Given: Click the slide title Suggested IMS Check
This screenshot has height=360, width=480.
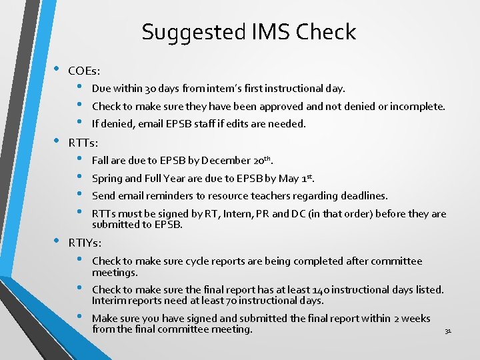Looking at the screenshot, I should coord(249,32).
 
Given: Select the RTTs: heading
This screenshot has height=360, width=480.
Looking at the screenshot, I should coord(83,142).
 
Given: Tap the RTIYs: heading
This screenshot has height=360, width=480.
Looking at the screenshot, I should coord(85,243).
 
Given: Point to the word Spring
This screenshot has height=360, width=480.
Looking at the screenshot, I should coord(107,178).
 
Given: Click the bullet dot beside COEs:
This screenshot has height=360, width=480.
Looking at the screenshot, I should coord(56,70).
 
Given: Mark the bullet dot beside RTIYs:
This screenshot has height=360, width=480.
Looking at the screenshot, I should coord(56,242).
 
